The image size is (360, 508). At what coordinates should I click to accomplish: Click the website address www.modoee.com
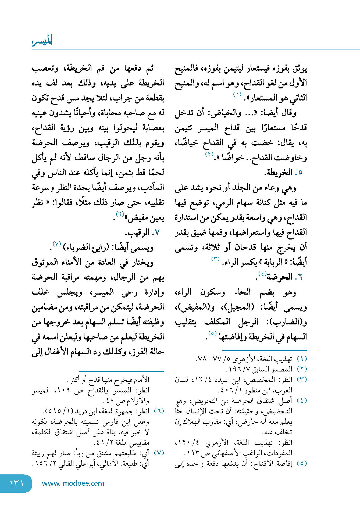(73, 483)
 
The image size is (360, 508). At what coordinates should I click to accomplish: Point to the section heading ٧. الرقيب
(142, 232)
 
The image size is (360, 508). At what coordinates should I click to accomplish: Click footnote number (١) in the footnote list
(302, 359)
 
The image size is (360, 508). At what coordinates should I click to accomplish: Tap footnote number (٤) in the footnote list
(302, 400)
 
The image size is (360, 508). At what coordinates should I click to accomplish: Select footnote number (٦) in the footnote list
(159, 411)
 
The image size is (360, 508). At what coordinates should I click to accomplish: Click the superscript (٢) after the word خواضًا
(209, 154)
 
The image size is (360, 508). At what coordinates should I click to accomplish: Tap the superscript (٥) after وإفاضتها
(212, 333)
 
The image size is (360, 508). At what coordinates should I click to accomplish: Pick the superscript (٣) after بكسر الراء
(216, 259)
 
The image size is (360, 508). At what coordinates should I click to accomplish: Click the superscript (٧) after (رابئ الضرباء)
(57, 244)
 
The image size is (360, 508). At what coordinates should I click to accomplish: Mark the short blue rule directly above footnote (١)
(265, 350)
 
